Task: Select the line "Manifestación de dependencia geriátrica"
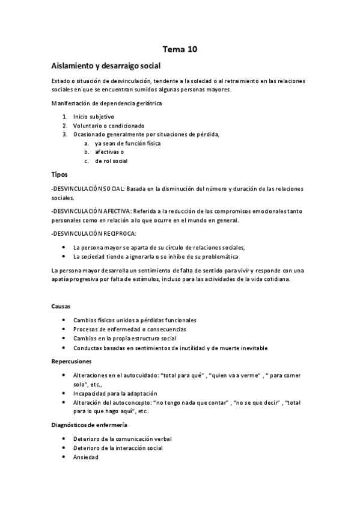click(x=106, y=103)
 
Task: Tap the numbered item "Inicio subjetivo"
click(x=94, y=116)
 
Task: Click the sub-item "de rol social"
click(x=111, y=161)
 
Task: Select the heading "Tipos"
click(x=59, y=174)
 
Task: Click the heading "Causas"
click(x=62, y=306)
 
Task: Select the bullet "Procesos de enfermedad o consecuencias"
click(x=130, y=330)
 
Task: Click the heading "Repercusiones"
click(x=72, y=361)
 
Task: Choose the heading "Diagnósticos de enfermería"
click(x=89, y=425)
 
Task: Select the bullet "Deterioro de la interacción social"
click(x=118, y=447)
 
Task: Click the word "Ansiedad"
click(x=87, y=456)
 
